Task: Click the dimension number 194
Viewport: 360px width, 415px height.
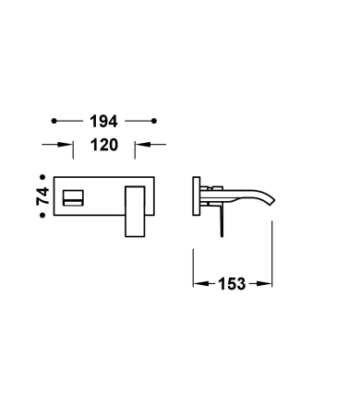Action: click(103, 121)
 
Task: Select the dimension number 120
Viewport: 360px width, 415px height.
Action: click(104, 145)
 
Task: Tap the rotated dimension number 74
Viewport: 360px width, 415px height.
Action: click(42, 196)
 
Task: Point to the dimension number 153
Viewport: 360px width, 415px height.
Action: click(232, 284)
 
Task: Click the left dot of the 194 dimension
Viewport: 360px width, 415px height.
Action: click(54, 121)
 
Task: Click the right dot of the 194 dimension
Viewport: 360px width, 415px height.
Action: click(154, 121)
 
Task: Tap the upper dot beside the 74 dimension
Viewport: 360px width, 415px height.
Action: click(42, 177)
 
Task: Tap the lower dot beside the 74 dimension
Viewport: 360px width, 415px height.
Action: click(42, 215)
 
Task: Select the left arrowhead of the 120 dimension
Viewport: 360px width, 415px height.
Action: click(66, 144)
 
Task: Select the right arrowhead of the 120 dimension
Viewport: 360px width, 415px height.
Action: click(142, 144)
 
